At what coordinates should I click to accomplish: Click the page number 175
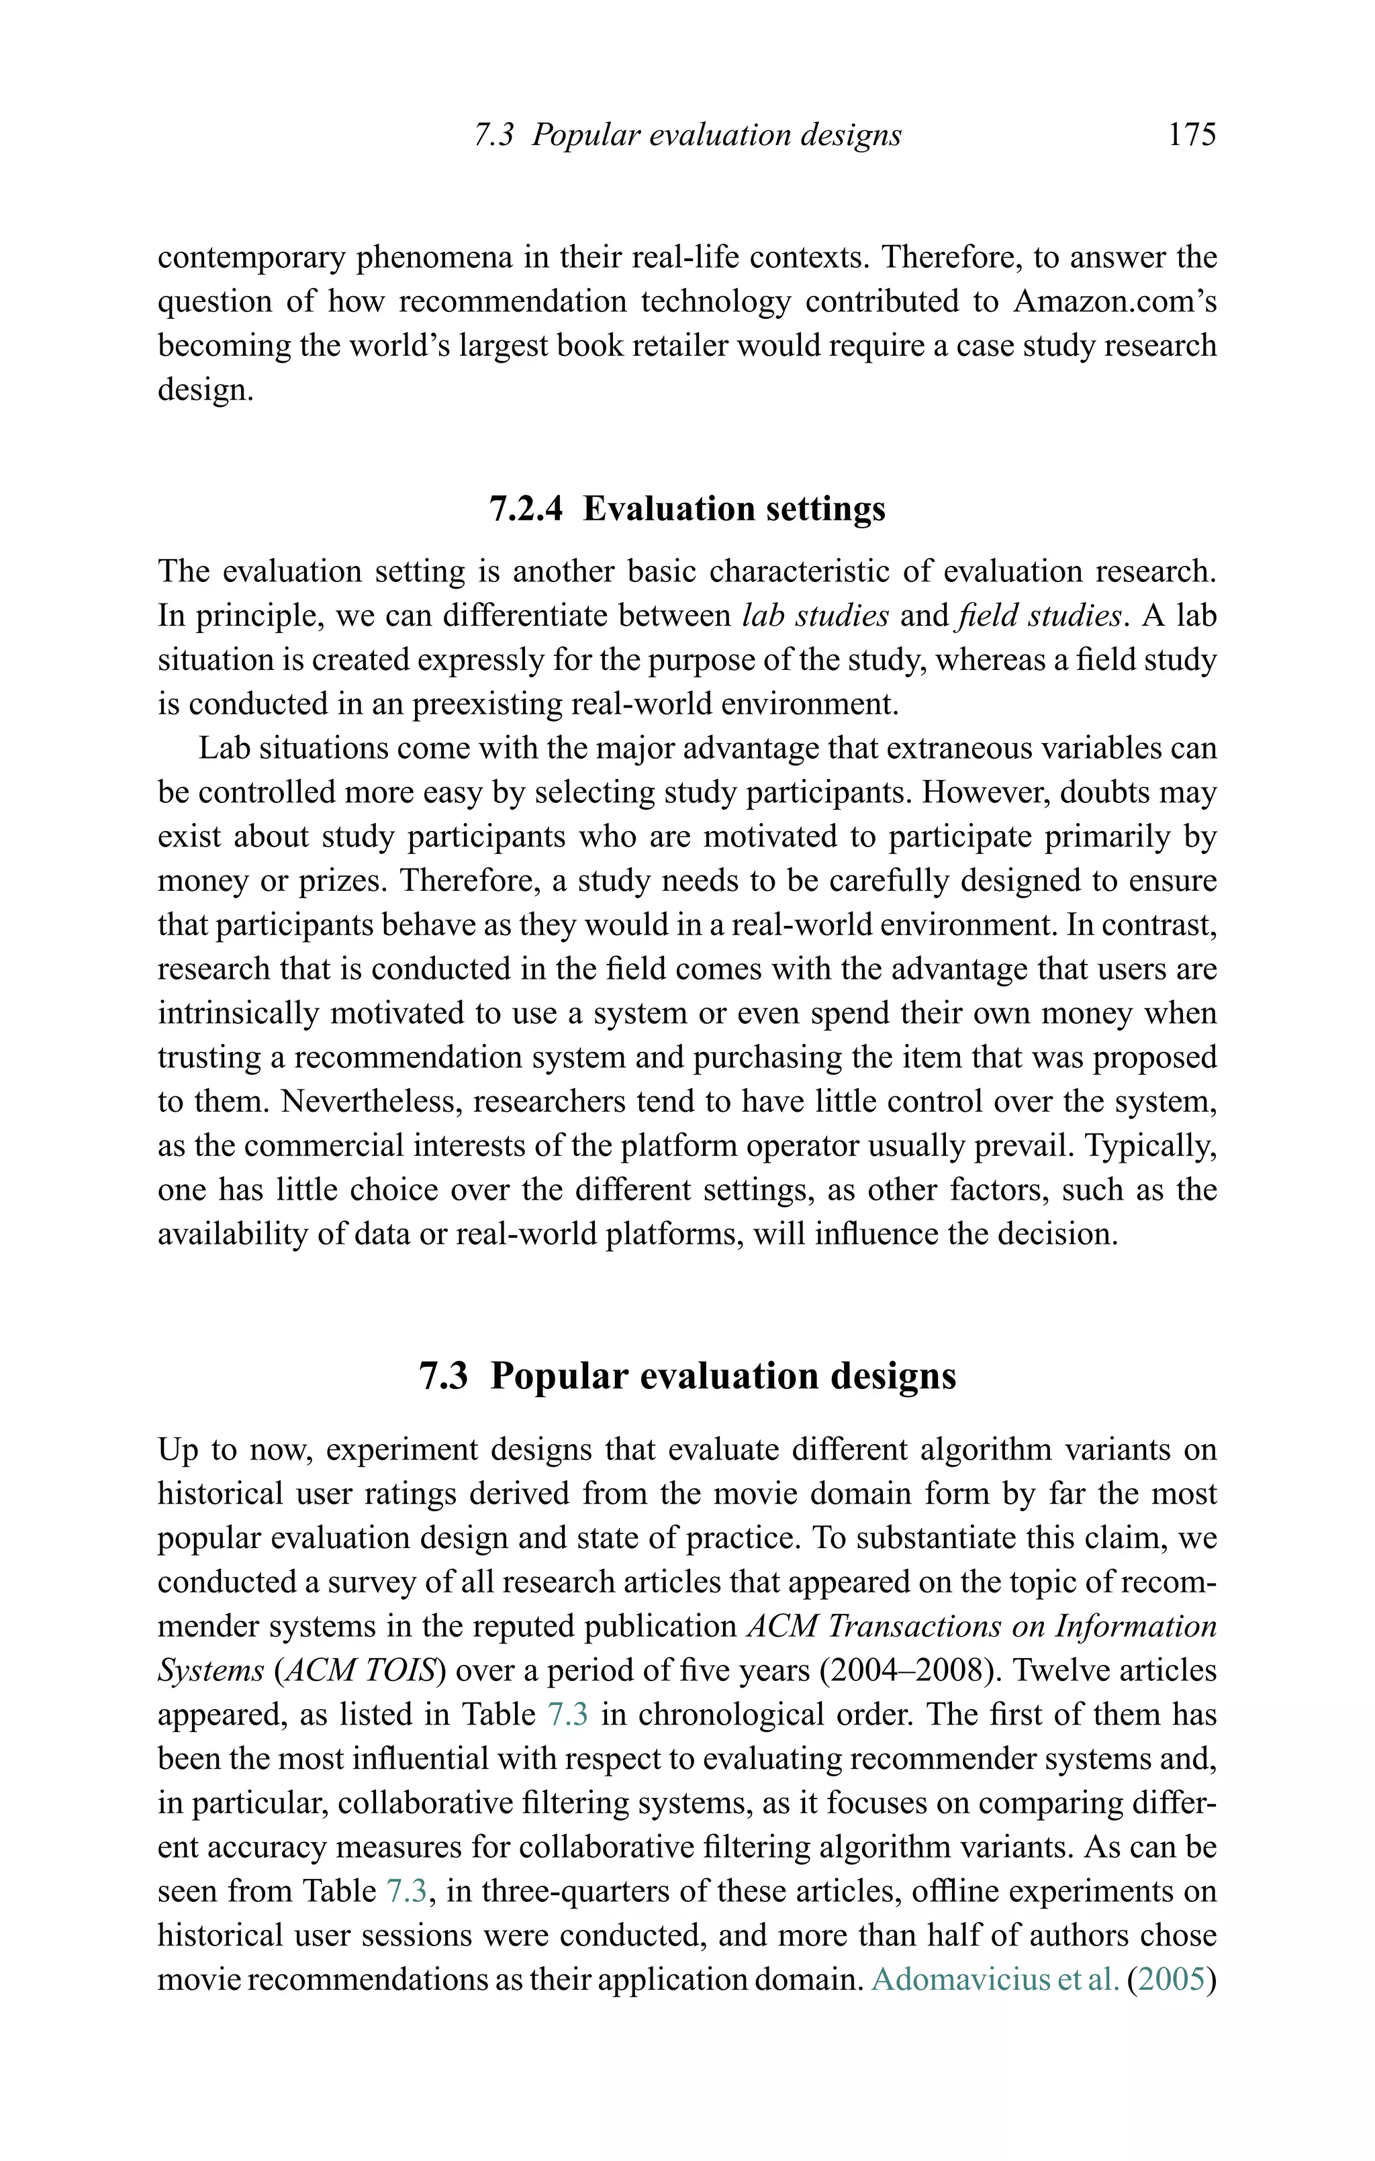click(x=1191, y=136)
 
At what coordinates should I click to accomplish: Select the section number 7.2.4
click(x=527, y=509)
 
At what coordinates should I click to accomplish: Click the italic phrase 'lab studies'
click(x=816, y=616)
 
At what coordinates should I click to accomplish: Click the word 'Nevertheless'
click(x=370, y=1101)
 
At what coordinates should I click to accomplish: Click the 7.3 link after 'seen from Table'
click(x=408, y=1892)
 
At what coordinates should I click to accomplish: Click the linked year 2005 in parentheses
click(x=1172, y=1980)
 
